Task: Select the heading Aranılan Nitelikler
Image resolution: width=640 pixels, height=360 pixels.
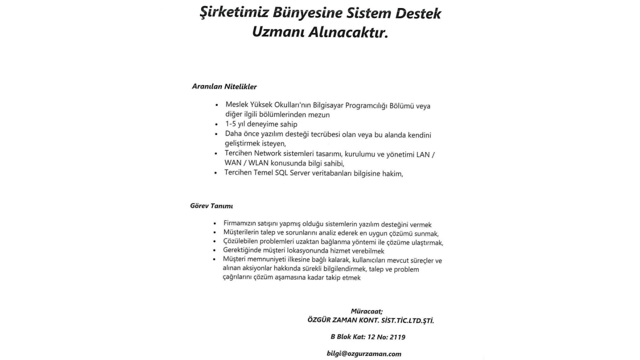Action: point(224,86)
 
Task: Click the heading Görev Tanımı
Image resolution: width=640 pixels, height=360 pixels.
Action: point(211,205)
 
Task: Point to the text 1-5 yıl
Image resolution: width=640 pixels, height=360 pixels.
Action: point(235,124)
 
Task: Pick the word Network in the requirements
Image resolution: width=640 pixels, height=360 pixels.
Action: point(268,153)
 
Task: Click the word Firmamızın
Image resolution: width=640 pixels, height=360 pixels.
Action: point(240,224)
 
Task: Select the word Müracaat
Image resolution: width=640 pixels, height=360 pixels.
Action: point(366,311)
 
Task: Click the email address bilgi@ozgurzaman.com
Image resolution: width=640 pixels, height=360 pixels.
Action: point(364,354)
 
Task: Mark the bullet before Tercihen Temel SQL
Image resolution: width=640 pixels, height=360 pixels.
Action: point(215,173)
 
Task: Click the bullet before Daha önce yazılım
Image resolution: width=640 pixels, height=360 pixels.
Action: point(215,134)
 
